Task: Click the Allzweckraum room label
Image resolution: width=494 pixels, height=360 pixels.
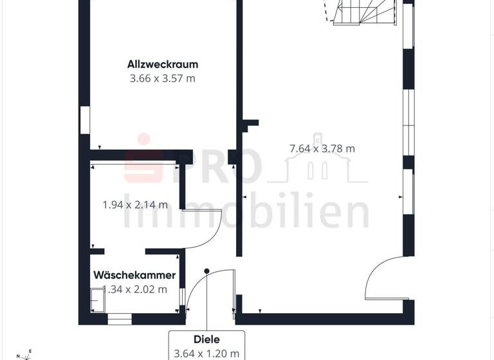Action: (161, 64)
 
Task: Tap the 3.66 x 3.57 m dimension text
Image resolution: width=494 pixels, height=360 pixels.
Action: (161, 78)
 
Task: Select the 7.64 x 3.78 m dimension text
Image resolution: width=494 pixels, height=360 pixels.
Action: (322, 148)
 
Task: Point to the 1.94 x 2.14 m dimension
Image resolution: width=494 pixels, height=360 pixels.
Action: (135, 205)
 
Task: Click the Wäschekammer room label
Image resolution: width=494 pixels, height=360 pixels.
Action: (134, 274)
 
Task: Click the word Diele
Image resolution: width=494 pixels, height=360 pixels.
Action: (206, 339)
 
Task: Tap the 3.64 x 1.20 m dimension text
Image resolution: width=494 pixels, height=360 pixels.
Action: (206, 353)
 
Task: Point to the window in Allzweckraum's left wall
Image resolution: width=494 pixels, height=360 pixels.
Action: (85, 120)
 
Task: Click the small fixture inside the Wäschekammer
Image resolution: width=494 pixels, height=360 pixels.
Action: (98, 300)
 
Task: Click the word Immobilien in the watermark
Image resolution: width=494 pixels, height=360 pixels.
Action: (248, 212)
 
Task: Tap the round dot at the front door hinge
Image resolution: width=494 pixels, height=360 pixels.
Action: (206, 272)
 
